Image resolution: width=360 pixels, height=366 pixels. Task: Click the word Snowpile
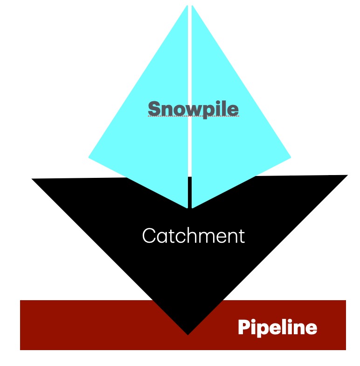point(193,109)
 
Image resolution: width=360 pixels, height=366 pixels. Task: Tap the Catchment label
point(193,236)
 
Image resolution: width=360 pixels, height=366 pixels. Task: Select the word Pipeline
point(277,328)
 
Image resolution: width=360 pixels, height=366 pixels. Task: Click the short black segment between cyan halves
point(189,191)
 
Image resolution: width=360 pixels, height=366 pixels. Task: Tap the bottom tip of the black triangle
point(187,333)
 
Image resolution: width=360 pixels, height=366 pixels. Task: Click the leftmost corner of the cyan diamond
point(90,157)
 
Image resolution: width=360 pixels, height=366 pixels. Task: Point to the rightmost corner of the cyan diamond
point(290,157)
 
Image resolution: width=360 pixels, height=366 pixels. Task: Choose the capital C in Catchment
point(148,236)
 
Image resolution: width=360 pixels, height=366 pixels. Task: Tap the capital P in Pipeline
point(243,328)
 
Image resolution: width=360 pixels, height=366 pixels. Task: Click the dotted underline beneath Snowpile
point(193,117)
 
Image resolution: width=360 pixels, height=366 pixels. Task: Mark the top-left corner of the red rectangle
point(21,301)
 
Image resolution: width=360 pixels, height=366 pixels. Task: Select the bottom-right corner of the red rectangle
point(345,349)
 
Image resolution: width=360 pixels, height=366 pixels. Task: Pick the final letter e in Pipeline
point(312,329)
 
